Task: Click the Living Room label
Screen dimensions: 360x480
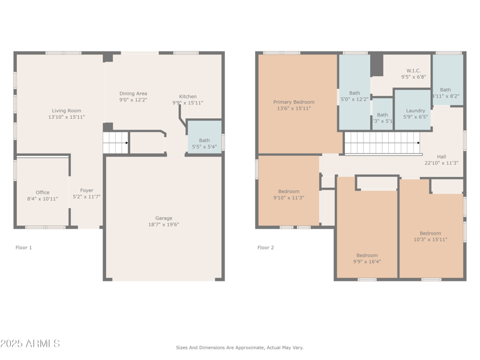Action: pos(67,110)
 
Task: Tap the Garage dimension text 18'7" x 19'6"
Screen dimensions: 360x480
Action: pos(163,224)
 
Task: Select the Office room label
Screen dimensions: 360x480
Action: pos(42,193)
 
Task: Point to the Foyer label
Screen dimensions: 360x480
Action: pos(86,191)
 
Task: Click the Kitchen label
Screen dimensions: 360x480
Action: pos(188,97)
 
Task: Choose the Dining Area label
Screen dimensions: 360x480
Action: pos(133,94)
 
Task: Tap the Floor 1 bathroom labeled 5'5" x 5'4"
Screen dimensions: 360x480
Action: pos(205,143)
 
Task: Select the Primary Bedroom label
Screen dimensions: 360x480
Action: pos(293,102)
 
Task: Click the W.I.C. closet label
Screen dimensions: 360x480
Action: pos(413,71)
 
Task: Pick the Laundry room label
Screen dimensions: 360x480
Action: pos(415,110)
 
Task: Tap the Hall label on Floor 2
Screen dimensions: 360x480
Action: pos(442,157)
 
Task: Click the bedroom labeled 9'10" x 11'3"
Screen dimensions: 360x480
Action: pos(289,194)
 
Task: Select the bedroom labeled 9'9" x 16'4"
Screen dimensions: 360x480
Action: pos(367,258)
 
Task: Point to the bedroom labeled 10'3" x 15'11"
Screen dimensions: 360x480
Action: pos(430,236)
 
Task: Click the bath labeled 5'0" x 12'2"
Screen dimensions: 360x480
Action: pos(355,96)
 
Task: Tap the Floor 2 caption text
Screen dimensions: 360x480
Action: pos(265,247)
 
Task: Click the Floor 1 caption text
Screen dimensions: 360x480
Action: pos(23,247)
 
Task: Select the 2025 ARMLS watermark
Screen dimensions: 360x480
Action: pos(30,344)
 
